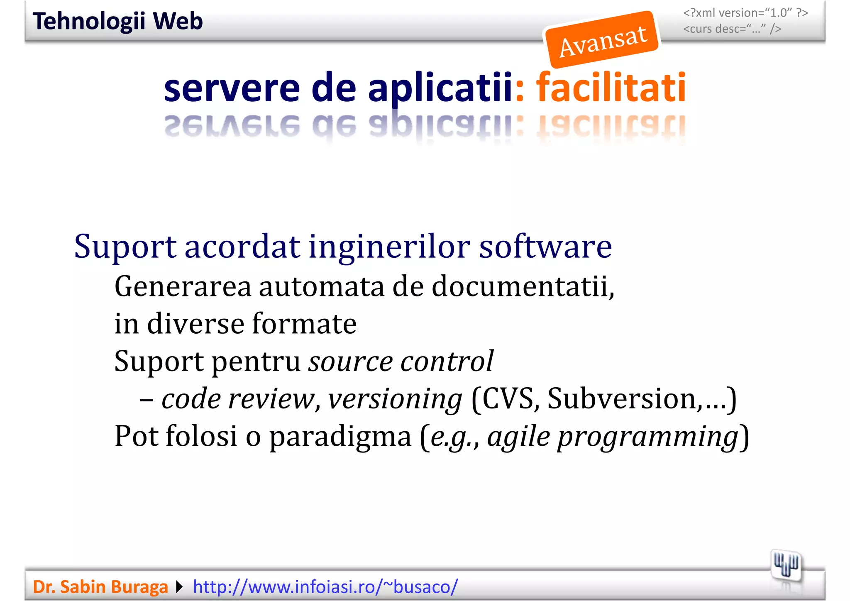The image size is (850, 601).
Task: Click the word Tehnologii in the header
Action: click(89, 21)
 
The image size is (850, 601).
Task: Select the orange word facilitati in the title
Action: click(611, 88)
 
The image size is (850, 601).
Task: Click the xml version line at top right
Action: click(745, 13)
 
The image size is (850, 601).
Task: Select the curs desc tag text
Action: click(732, 29)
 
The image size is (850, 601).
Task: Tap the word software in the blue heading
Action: click(545, 247)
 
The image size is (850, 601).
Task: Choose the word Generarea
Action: click(183, 286)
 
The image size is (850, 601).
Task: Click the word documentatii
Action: click(523, 286)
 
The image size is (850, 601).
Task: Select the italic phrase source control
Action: click(401, 361)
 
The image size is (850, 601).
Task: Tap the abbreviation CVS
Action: click(510, 398)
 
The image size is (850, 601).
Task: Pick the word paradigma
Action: click(340, 437)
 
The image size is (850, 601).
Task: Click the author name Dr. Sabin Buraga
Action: click(100, 587)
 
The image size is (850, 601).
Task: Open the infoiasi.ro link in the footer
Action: click(325, 587)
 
